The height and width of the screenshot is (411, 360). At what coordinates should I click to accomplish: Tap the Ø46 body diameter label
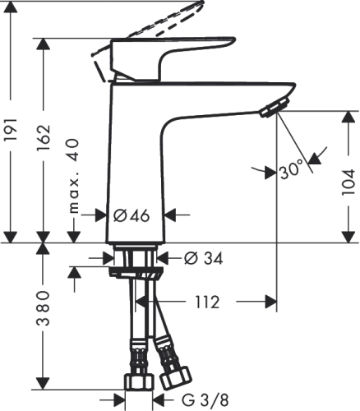[x=131, y=215]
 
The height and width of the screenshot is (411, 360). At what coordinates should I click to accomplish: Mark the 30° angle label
[x=291, y=171]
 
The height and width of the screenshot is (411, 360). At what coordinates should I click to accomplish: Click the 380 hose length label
[x=44, y=313]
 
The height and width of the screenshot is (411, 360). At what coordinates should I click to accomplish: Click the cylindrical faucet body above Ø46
[x=136, y=156]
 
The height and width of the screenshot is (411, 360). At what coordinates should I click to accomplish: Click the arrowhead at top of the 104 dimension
[x=346, y=116]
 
